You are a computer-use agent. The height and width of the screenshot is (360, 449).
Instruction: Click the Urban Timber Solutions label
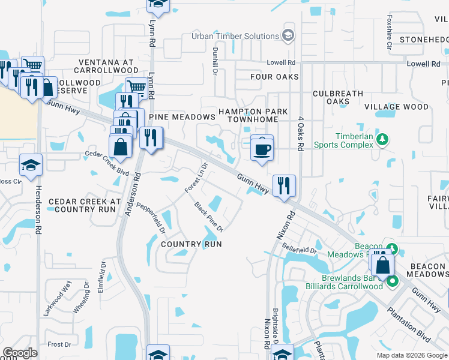pos(235,36)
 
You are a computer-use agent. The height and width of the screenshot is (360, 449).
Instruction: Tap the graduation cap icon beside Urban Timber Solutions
pos(289,36)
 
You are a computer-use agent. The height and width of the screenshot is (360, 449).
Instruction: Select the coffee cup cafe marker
pos(262,148)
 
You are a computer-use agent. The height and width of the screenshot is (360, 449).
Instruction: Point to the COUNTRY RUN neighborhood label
pos(191,244)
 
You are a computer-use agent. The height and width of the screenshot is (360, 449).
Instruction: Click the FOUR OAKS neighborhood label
pos(274,77)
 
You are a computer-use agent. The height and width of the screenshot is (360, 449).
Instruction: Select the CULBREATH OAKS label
pos(339,97)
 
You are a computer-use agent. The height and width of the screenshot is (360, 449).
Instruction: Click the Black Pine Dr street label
pos(208,217)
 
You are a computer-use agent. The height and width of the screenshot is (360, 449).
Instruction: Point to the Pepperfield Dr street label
pos(151,216)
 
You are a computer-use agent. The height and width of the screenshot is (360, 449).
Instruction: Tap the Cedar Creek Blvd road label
pos(107,162)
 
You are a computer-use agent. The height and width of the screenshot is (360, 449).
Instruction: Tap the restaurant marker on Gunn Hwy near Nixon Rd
pos(284,185)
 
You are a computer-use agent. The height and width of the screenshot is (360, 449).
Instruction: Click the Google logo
pos(20,353)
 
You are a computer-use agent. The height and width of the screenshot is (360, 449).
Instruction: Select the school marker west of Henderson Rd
pos(31,165)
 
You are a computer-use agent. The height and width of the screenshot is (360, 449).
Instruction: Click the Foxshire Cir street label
pos(390,32)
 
